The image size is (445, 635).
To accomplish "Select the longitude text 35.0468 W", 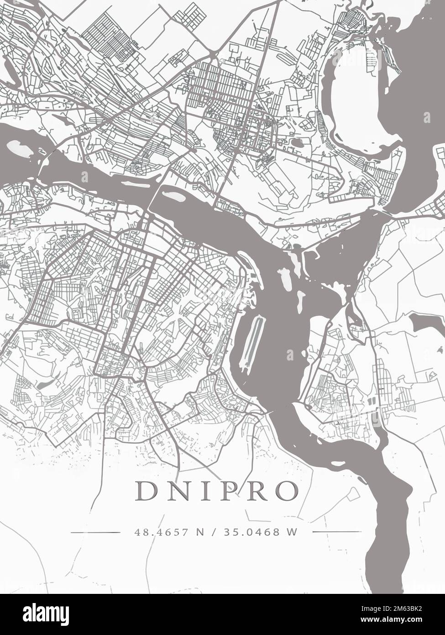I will pos(261,532).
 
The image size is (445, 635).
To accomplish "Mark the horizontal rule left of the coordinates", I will pos(95,532).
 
